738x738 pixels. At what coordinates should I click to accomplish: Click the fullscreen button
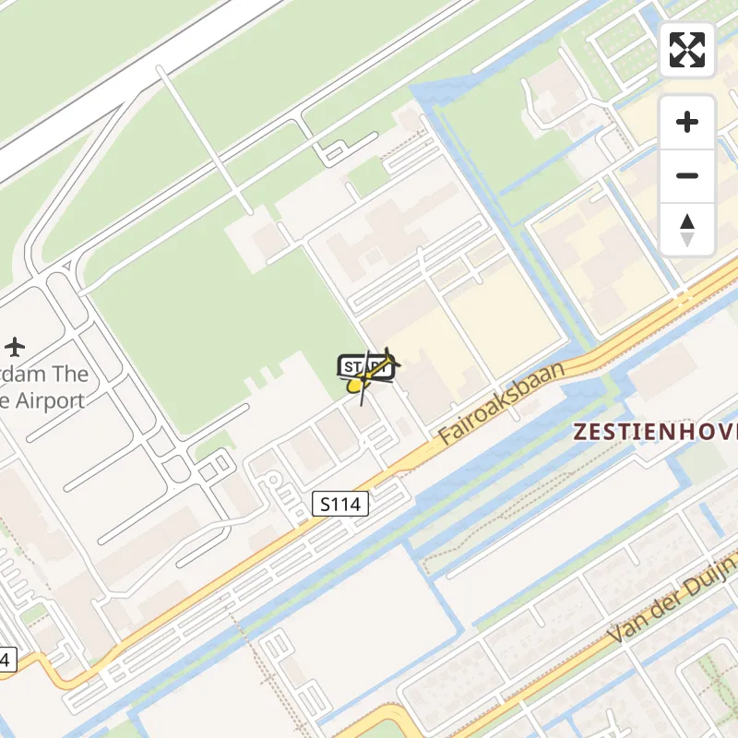[x=687, y=50]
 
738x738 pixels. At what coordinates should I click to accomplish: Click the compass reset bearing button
[x=687, y=230]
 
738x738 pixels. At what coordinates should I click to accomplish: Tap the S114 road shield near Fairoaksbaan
[x=340, y=504]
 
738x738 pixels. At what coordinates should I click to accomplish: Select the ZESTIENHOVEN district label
[x=655, y=431]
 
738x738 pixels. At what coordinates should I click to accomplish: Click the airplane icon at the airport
[x=14, y=347]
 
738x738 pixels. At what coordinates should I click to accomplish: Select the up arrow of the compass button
[x=687, y=221]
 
